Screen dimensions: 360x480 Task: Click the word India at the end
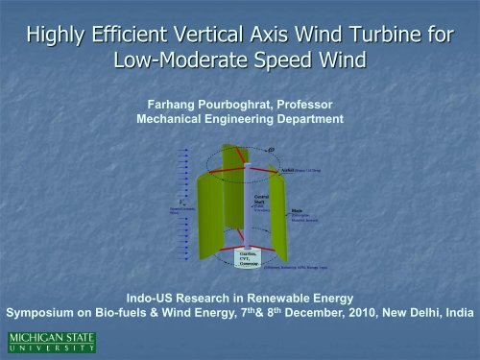[454, 311]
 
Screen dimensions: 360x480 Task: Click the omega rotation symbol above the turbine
[286, 147]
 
